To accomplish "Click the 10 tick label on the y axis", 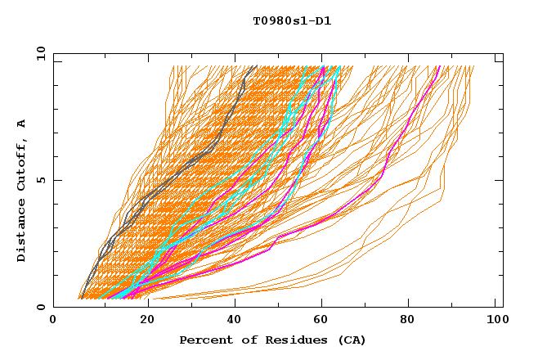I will click(x=40, y=53).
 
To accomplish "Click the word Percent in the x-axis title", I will click(x=203, y=340).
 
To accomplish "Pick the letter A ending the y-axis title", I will click(x=22, y=124).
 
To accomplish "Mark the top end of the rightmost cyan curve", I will click(x=339, y=67).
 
